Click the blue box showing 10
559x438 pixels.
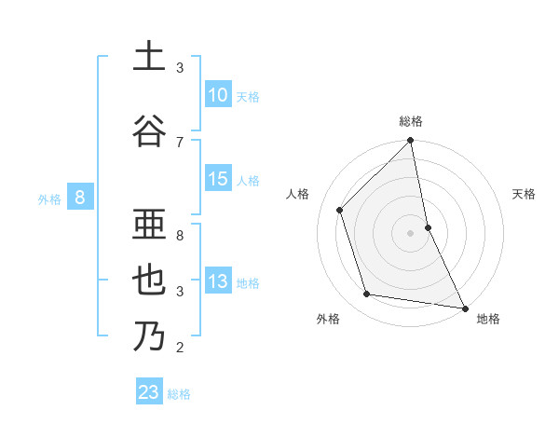(217, 95)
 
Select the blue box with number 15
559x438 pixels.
(217, 179)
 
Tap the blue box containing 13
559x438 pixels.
(217, 281)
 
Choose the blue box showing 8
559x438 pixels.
(81, 197)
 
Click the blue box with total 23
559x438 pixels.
(149, 392)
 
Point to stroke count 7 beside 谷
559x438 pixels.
(180, 142)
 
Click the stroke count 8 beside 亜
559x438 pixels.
(180, 225)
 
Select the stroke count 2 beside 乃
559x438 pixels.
(180, 348)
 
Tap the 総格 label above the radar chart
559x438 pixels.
(411, 121)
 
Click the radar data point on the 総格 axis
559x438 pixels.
(410, 141)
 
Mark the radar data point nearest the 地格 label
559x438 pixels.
(464, 308)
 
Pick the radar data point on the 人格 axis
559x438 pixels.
(340, 210)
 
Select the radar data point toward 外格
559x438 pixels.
(367, 294)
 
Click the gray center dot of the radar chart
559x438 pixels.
(410, 233)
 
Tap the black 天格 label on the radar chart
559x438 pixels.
(524, 194)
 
